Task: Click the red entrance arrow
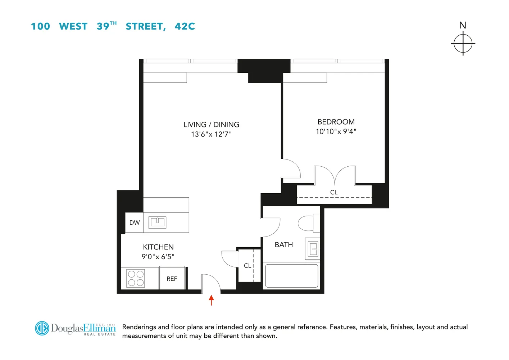pos(212,300)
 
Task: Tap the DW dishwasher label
pos(135,222)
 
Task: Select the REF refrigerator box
pos(172,278)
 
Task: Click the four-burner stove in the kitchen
pos(136,278)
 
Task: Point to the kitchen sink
pos(157,222)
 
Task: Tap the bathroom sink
pos(313,249)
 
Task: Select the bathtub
pos(291,276)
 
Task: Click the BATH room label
pos(283,245)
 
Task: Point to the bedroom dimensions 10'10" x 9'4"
pos(336,132)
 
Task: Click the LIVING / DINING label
pos(211,125)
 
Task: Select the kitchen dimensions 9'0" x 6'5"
pos(158,257)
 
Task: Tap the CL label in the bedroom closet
pos(334,192)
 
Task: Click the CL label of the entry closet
pos(247,266)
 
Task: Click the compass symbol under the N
pos(463,43)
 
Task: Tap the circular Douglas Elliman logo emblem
pos(42,328)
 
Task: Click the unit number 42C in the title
pos(185,26)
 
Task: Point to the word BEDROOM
pos(336,122)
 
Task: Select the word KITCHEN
pos(158,247)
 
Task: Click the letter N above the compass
pos(463,25)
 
